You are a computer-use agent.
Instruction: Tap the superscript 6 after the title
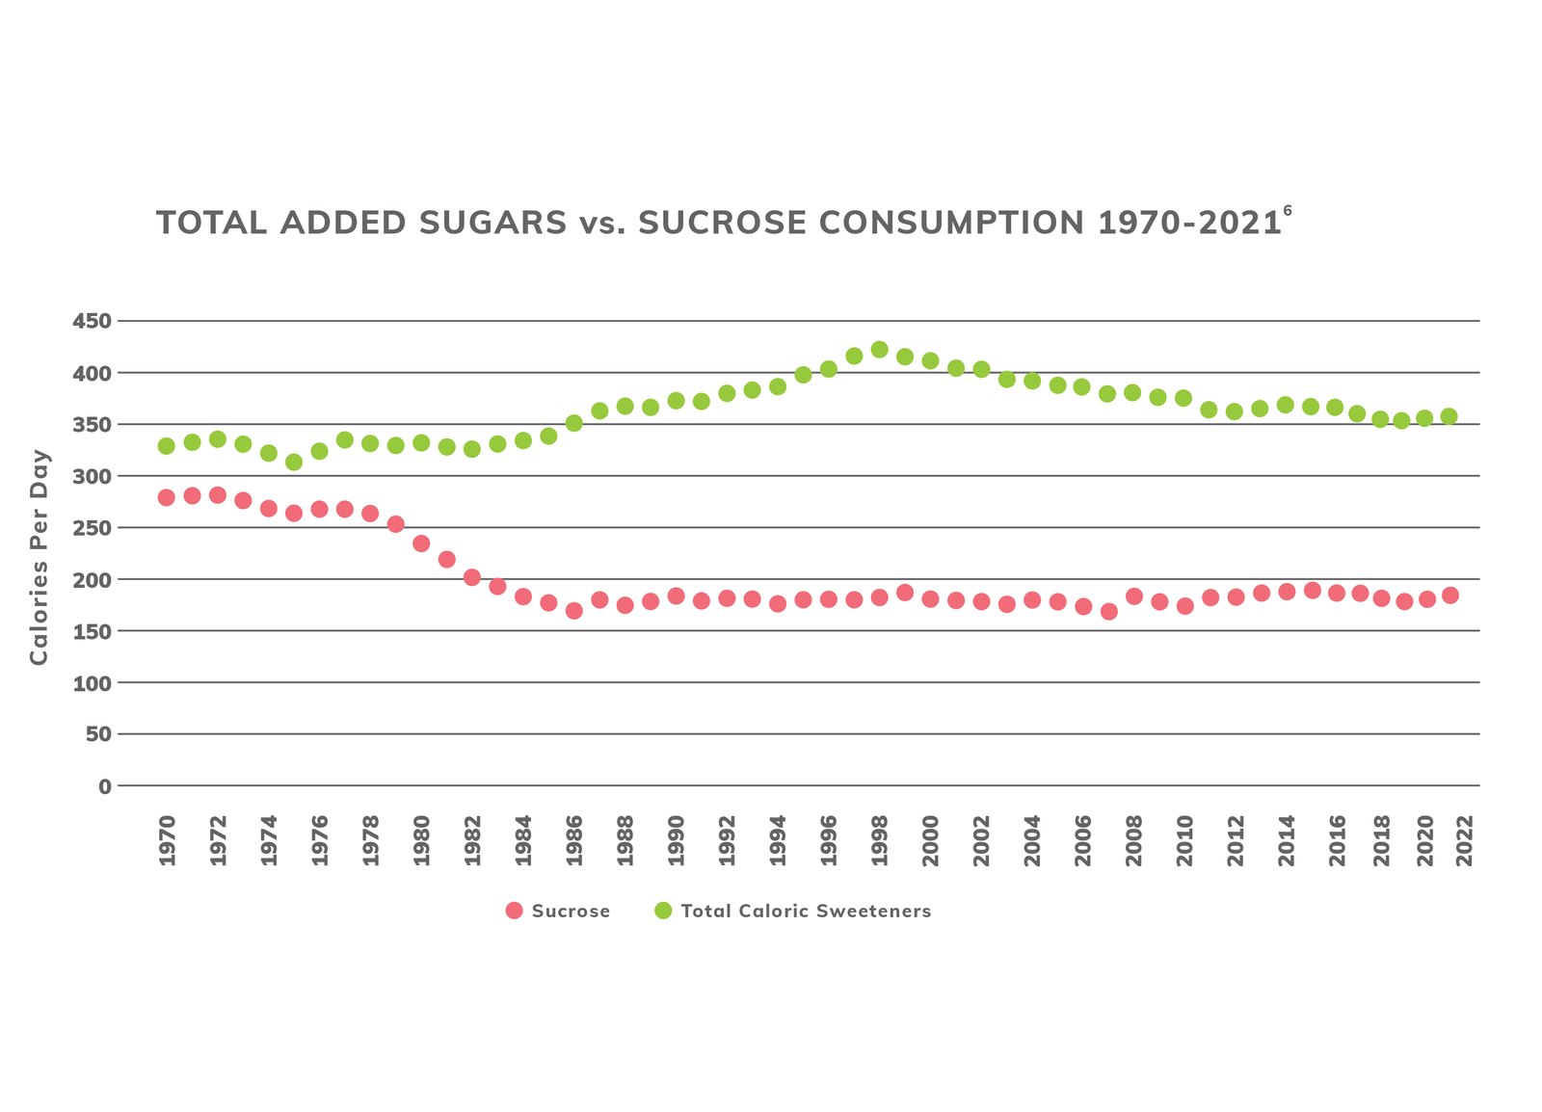[1287, 211]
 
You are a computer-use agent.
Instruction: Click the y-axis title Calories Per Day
[39, 557]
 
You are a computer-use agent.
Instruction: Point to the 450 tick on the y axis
[92, 322]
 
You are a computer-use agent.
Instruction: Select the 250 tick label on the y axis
[92, 528]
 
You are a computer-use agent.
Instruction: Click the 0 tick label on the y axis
[104, 786]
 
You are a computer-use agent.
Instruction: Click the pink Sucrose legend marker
[515, 911]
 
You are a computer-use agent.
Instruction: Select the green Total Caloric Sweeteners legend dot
[663, 911]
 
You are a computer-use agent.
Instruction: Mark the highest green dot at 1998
[879, 350]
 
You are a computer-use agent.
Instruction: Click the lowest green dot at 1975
[294, 463]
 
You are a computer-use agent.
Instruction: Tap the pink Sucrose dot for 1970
[167, 497]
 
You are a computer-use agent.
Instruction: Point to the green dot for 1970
[167, 446]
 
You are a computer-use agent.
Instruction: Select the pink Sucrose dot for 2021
[1449, 596]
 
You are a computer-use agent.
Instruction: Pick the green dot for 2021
[1449, 416]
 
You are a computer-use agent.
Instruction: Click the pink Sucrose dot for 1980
[421, 543]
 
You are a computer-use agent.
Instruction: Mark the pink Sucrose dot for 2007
[1108, 612]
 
